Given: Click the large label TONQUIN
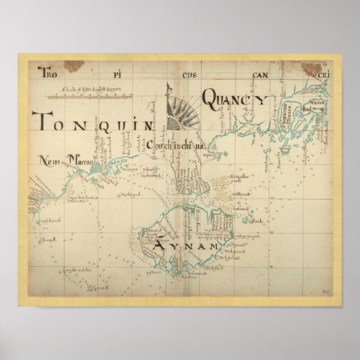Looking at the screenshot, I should [90, 124].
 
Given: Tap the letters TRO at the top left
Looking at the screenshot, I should [49, 71].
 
